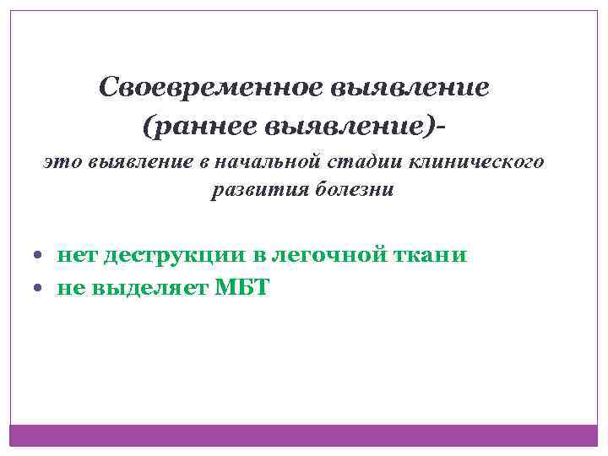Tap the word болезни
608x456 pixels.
[353, 189]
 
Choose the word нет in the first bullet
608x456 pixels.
[77, 254]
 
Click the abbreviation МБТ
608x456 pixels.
[242, 288]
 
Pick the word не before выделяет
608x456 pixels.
[71, 288]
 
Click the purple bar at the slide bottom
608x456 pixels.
[304, 434]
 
